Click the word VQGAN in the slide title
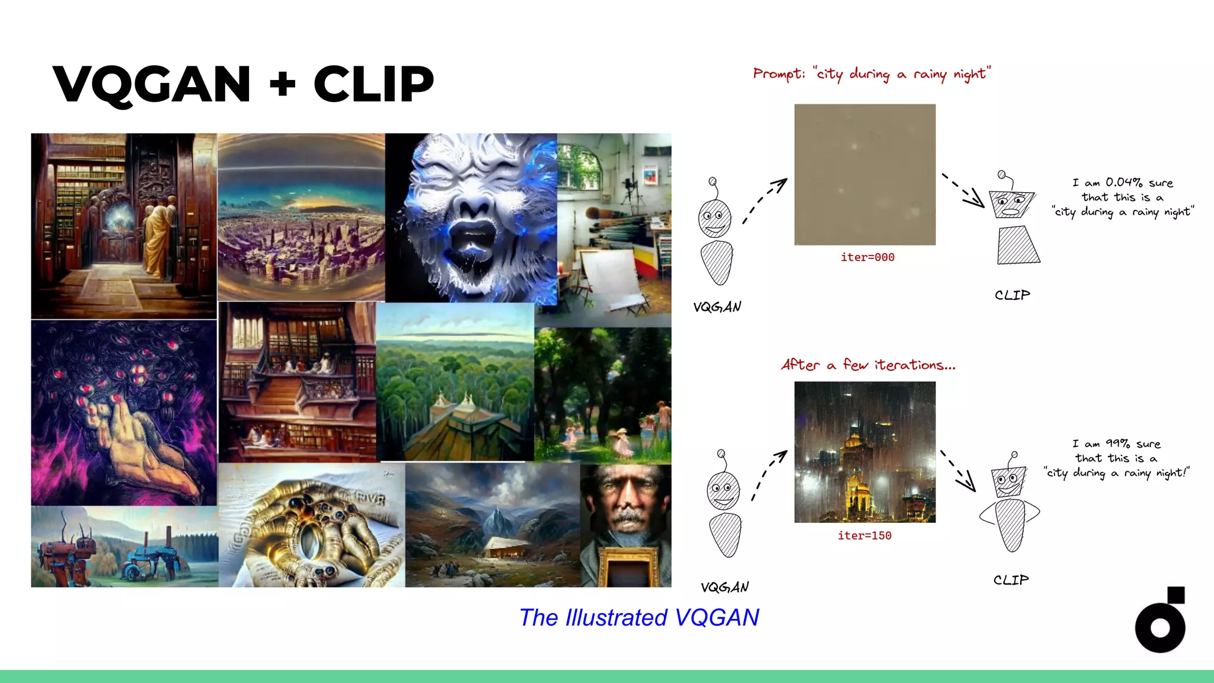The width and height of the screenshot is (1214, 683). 152,85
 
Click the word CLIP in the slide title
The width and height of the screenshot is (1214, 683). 373,85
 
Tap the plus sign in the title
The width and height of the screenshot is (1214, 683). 282,85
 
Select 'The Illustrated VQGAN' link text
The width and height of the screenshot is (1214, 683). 639,618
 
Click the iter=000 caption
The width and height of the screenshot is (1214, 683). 867,257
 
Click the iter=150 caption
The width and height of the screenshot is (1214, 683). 864,535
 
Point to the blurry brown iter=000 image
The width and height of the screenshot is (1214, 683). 865,174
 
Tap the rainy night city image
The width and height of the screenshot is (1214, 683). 865,452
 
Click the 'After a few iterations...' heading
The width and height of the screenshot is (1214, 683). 868,365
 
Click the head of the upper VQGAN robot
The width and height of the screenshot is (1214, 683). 715,218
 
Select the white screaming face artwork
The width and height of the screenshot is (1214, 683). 471,218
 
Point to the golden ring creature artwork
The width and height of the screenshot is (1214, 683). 312,525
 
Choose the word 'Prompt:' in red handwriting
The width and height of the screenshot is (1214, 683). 779,74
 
